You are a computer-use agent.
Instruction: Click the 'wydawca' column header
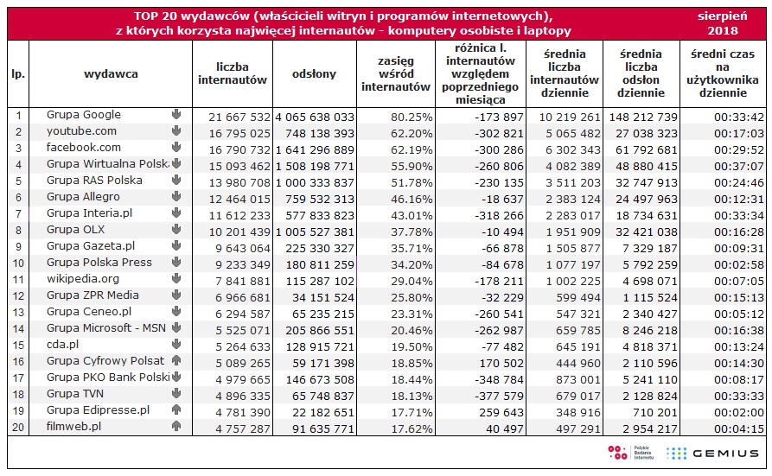click(111, 74)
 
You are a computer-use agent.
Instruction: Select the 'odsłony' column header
click(314, 74)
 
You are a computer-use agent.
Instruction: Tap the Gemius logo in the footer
click(712, 454)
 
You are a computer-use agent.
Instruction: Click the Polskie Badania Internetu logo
click(631, 453)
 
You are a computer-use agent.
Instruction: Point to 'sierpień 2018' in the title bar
click(722, 23)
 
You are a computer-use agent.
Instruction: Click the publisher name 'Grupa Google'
click(84, 115)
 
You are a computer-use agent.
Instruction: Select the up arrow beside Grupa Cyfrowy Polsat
click(176, 361)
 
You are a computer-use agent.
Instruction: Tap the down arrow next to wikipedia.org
click(176, 279)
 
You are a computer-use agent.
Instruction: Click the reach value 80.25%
click(412, 117)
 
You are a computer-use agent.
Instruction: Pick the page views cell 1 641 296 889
click(315, 150)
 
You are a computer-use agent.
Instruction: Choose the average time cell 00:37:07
click(739, 167)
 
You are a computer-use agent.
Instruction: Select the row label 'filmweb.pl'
click(73, 426)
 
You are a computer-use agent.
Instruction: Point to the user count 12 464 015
click(239, 200)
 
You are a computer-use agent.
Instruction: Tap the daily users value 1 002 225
click(573, 282)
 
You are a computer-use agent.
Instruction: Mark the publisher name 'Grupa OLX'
click(76, 230)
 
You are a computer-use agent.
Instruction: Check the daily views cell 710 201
click(654, 412)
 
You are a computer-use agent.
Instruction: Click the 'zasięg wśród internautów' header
click(396, 74)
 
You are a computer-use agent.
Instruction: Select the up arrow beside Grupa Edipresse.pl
click(176, 410)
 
